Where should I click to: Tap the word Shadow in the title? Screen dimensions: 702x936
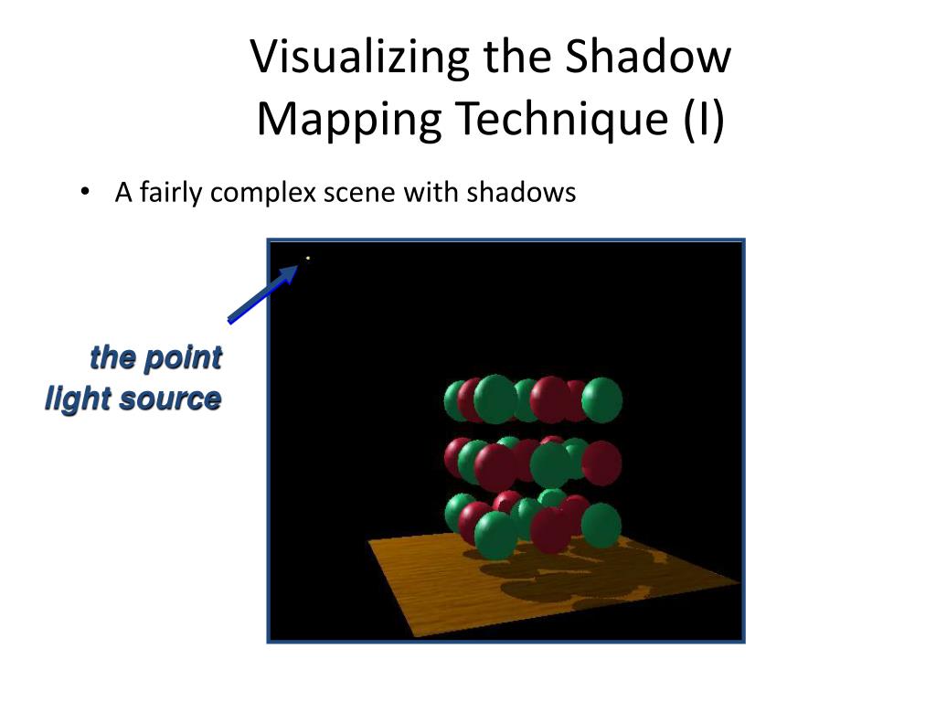pos(648,57)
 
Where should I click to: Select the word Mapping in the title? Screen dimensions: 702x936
pos(346,120)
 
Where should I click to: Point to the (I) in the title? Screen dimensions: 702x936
pos(702,120)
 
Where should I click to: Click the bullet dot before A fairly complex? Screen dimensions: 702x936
pos(84,193)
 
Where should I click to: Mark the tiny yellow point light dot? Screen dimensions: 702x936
pos(308,259)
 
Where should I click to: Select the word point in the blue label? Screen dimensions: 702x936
pos(183,357)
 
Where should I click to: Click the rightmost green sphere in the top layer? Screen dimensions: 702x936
pos(601,399)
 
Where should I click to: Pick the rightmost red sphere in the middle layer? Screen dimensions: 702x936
pos(601,463)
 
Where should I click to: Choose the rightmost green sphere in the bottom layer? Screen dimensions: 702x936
pos(601,526)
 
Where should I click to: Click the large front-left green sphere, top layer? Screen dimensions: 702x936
pos(495,399)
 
